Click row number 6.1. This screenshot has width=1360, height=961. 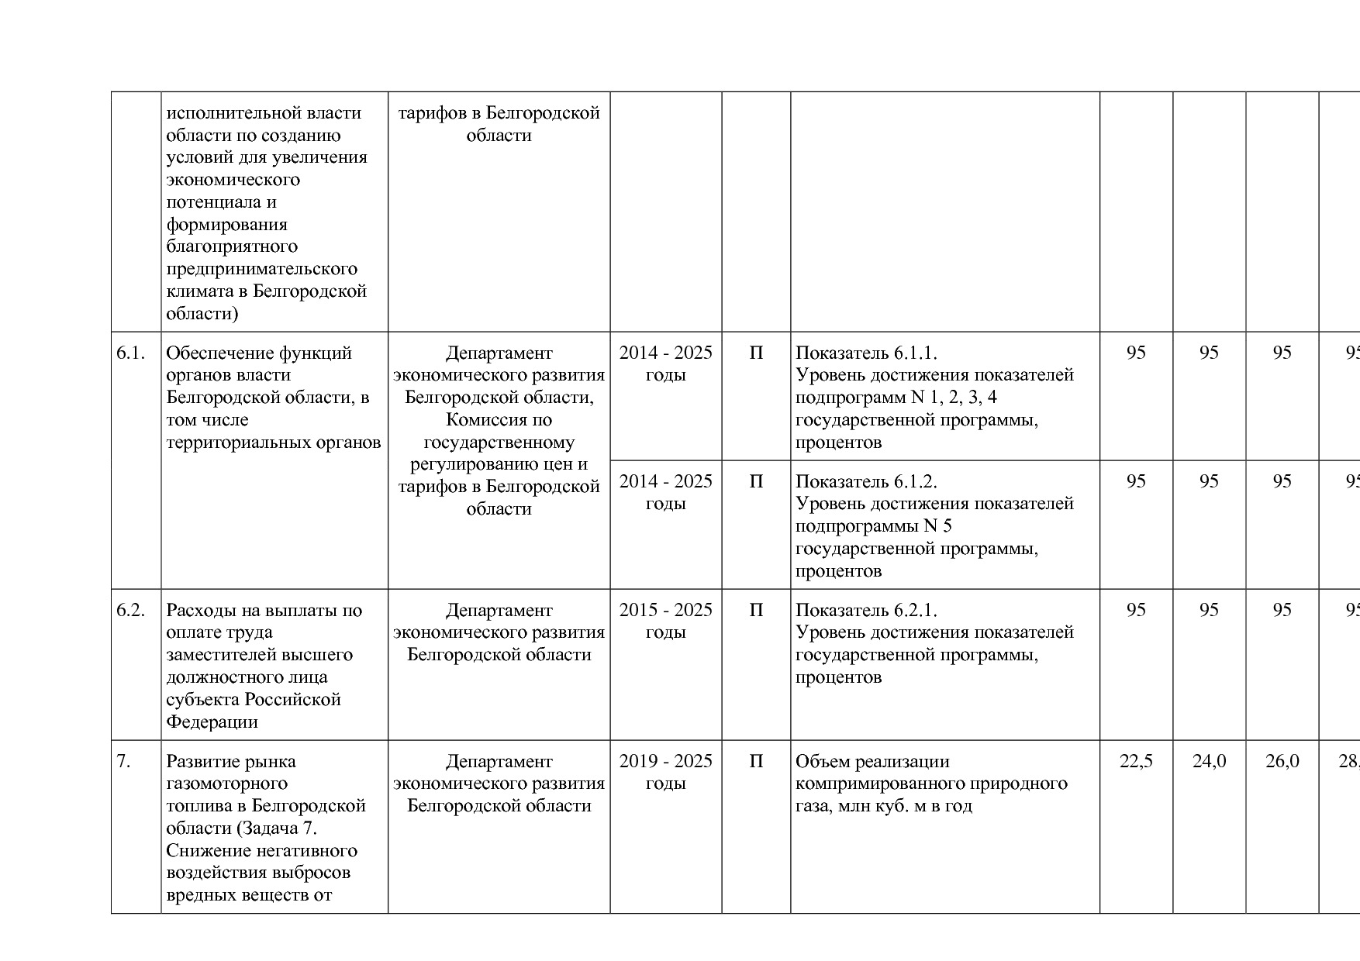(x=130, y=353)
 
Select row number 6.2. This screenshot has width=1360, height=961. (x=130, y=611)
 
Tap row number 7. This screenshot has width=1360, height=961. (x=123, y=762)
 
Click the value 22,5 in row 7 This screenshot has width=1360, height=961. (x=1136, y=762)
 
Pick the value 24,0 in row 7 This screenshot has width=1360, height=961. (x=1209, y=762)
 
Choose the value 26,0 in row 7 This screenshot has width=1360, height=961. (x=1282, y=762)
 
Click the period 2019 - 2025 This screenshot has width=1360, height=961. (x=665, y=762)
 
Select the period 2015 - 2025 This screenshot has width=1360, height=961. (x=665, y=611)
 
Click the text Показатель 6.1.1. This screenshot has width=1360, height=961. (x=866, y=353)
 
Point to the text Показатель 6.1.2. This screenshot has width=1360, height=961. (x=866, y=482)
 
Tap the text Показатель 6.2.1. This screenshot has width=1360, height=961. (x=866, y=611)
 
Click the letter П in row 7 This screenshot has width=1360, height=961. (x=756, y=762)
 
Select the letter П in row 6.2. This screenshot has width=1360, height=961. (x=756, y=611)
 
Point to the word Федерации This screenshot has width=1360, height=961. (x=212, y=722)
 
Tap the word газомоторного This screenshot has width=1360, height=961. (x=226, y=784)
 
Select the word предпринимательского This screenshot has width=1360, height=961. (x=261, y=270)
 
